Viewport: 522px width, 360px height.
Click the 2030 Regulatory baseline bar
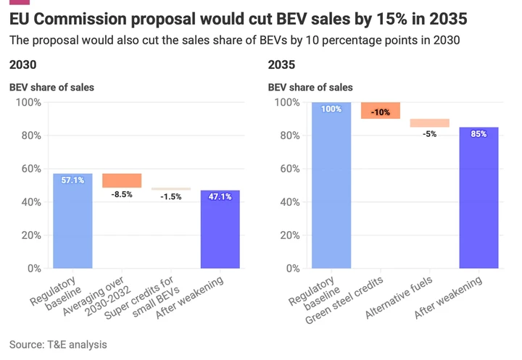coord(72,221)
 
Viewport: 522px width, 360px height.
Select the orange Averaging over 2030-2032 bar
coord(122,180)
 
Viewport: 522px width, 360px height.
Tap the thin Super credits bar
coord(171,189)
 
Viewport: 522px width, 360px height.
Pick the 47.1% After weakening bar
coord(220,229)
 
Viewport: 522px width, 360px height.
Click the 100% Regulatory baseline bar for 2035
coord(331,185)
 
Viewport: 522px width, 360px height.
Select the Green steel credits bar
coord(380,110)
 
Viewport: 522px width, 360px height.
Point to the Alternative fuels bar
coord(429,123)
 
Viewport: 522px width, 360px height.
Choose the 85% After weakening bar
coord(478,198)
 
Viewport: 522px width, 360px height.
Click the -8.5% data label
coord(122,195)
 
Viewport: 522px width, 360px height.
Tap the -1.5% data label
coord(171,197)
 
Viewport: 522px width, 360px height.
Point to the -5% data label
coord(429,134)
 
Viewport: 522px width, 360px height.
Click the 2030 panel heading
coord(23,65)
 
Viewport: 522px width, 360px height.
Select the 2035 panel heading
coord(282,65)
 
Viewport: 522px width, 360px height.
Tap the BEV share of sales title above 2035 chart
coord(310,88)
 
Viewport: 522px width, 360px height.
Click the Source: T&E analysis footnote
coord(58,344)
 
